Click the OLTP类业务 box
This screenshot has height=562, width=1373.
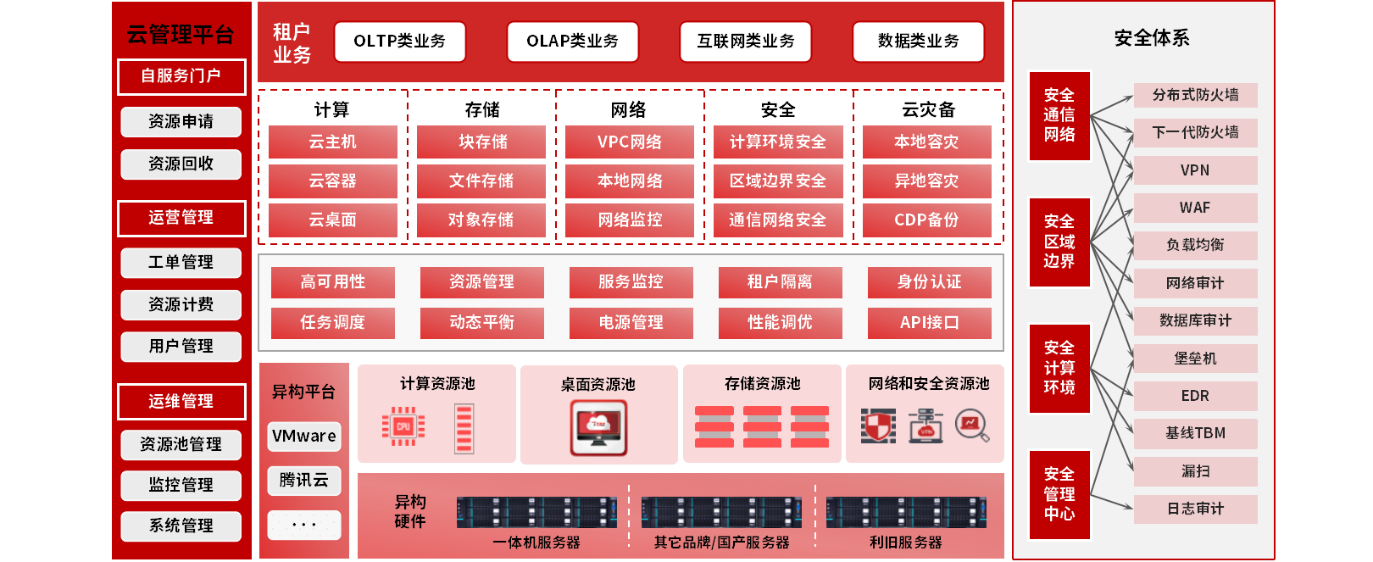pos(399,42)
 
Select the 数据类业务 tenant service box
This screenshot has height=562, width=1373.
pos(918,42)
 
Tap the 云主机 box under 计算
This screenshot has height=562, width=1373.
pos(332,142)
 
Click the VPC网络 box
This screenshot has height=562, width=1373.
pos(629,142)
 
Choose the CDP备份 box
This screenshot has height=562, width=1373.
pos(926,220)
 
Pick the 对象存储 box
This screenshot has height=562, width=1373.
pos(481,220)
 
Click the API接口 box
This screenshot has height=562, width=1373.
pos(929,322)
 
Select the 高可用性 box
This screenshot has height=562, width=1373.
pos(332,281)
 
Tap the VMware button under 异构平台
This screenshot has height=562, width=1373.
pos(303,436)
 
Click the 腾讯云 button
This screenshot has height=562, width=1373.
pos(303,481)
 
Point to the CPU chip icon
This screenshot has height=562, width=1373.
pos(403,426)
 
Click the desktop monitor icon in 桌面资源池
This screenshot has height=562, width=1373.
pos(598,427)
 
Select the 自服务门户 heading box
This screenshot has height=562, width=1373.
pos(181,76)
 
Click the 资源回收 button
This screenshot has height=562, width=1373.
pos(181,164)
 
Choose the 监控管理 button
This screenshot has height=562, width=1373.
pos(181,485)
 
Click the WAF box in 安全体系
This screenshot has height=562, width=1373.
pos(1194,208)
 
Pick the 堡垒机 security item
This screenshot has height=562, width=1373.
pos(1194,359)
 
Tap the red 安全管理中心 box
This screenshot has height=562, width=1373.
pos(1059,494)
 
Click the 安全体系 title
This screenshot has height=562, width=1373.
pos(1151,38)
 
